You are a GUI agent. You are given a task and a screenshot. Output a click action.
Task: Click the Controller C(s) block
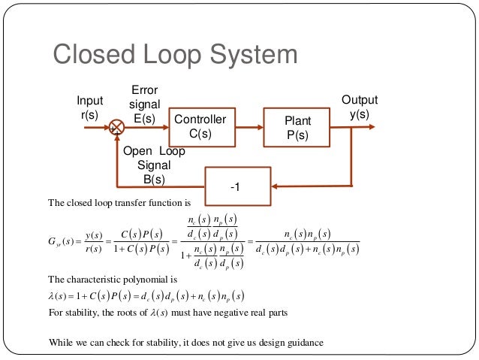(200, 126)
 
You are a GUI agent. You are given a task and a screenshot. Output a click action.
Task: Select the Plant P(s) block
(297, 126)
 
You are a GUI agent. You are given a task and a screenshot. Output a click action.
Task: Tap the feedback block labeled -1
(237, 186)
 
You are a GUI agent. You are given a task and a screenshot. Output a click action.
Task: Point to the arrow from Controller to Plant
(247, 126)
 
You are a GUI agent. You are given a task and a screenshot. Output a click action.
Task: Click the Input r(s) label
(89, 107)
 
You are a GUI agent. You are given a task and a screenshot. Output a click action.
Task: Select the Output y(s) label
(360, 107)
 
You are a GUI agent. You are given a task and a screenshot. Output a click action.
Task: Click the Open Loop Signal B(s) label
(154, 165)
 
